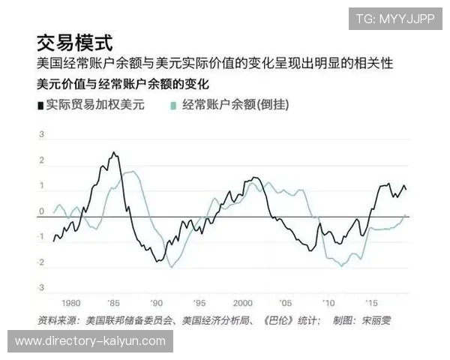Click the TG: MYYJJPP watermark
[x=395, y=19]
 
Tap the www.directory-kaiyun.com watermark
[x=90, y=341]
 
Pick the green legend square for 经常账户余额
[x=174, y=105]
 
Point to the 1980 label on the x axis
[x=70, y=303]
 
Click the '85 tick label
[x=113, y=303]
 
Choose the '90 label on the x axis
[x=156, y=303]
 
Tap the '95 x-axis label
[x=199, y=303]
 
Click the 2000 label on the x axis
[x=242, y=303]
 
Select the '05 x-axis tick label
[x=286, y=303]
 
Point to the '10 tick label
[x=328, y=303]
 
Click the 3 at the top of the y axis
[x=42, y=135]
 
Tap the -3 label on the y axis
[x=41, y=288]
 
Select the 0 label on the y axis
[x=42, y=211]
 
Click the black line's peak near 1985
[x=113, y=153]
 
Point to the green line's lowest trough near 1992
[x=172, y=267]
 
